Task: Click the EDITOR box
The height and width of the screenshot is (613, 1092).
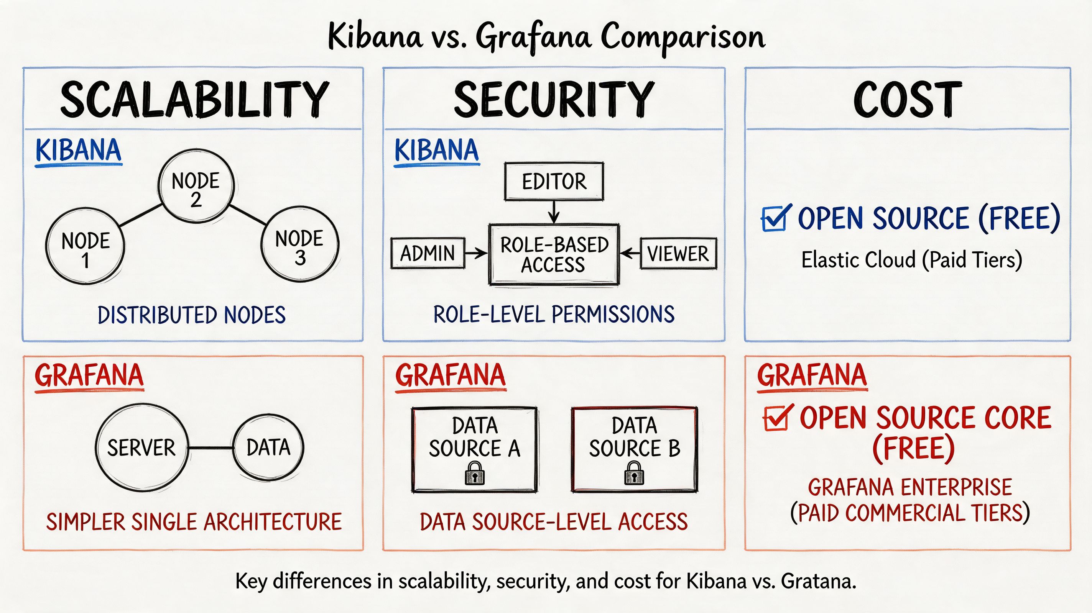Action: point(554,182)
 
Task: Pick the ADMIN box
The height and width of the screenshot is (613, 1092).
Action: point(427,253)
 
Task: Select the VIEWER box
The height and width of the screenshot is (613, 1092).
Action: point(678,254)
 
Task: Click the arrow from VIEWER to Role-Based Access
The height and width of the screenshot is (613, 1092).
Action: point(630,254)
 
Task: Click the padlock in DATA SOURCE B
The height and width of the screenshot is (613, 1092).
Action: point(634,473)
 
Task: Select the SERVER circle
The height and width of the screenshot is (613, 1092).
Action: point(141,448)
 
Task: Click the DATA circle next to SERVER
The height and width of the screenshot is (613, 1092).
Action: point(268,447)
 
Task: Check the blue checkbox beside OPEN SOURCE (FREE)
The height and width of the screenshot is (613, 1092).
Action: point(774,219)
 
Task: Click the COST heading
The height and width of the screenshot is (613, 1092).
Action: point(907,100)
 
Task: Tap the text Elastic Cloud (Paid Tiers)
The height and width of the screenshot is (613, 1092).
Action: point(911,260)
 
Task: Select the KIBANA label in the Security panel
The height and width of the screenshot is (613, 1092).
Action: point(436,151)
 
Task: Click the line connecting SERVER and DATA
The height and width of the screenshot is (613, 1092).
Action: point(211,448)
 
